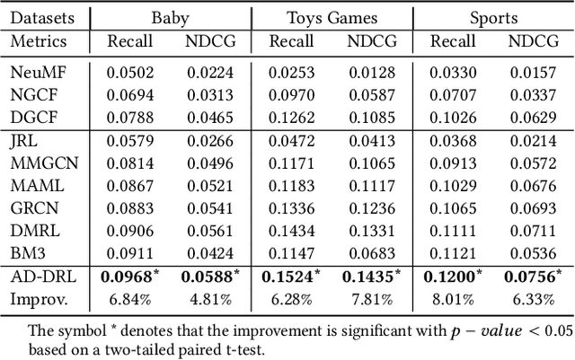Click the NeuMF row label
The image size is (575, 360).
point(35,74)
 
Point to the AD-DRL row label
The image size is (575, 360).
point(40,277)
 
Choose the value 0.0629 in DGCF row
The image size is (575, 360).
point(534,117)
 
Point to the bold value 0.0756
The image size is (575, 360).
point(531,277)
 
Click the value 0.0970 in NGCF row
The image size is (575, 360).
point(292,95)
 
